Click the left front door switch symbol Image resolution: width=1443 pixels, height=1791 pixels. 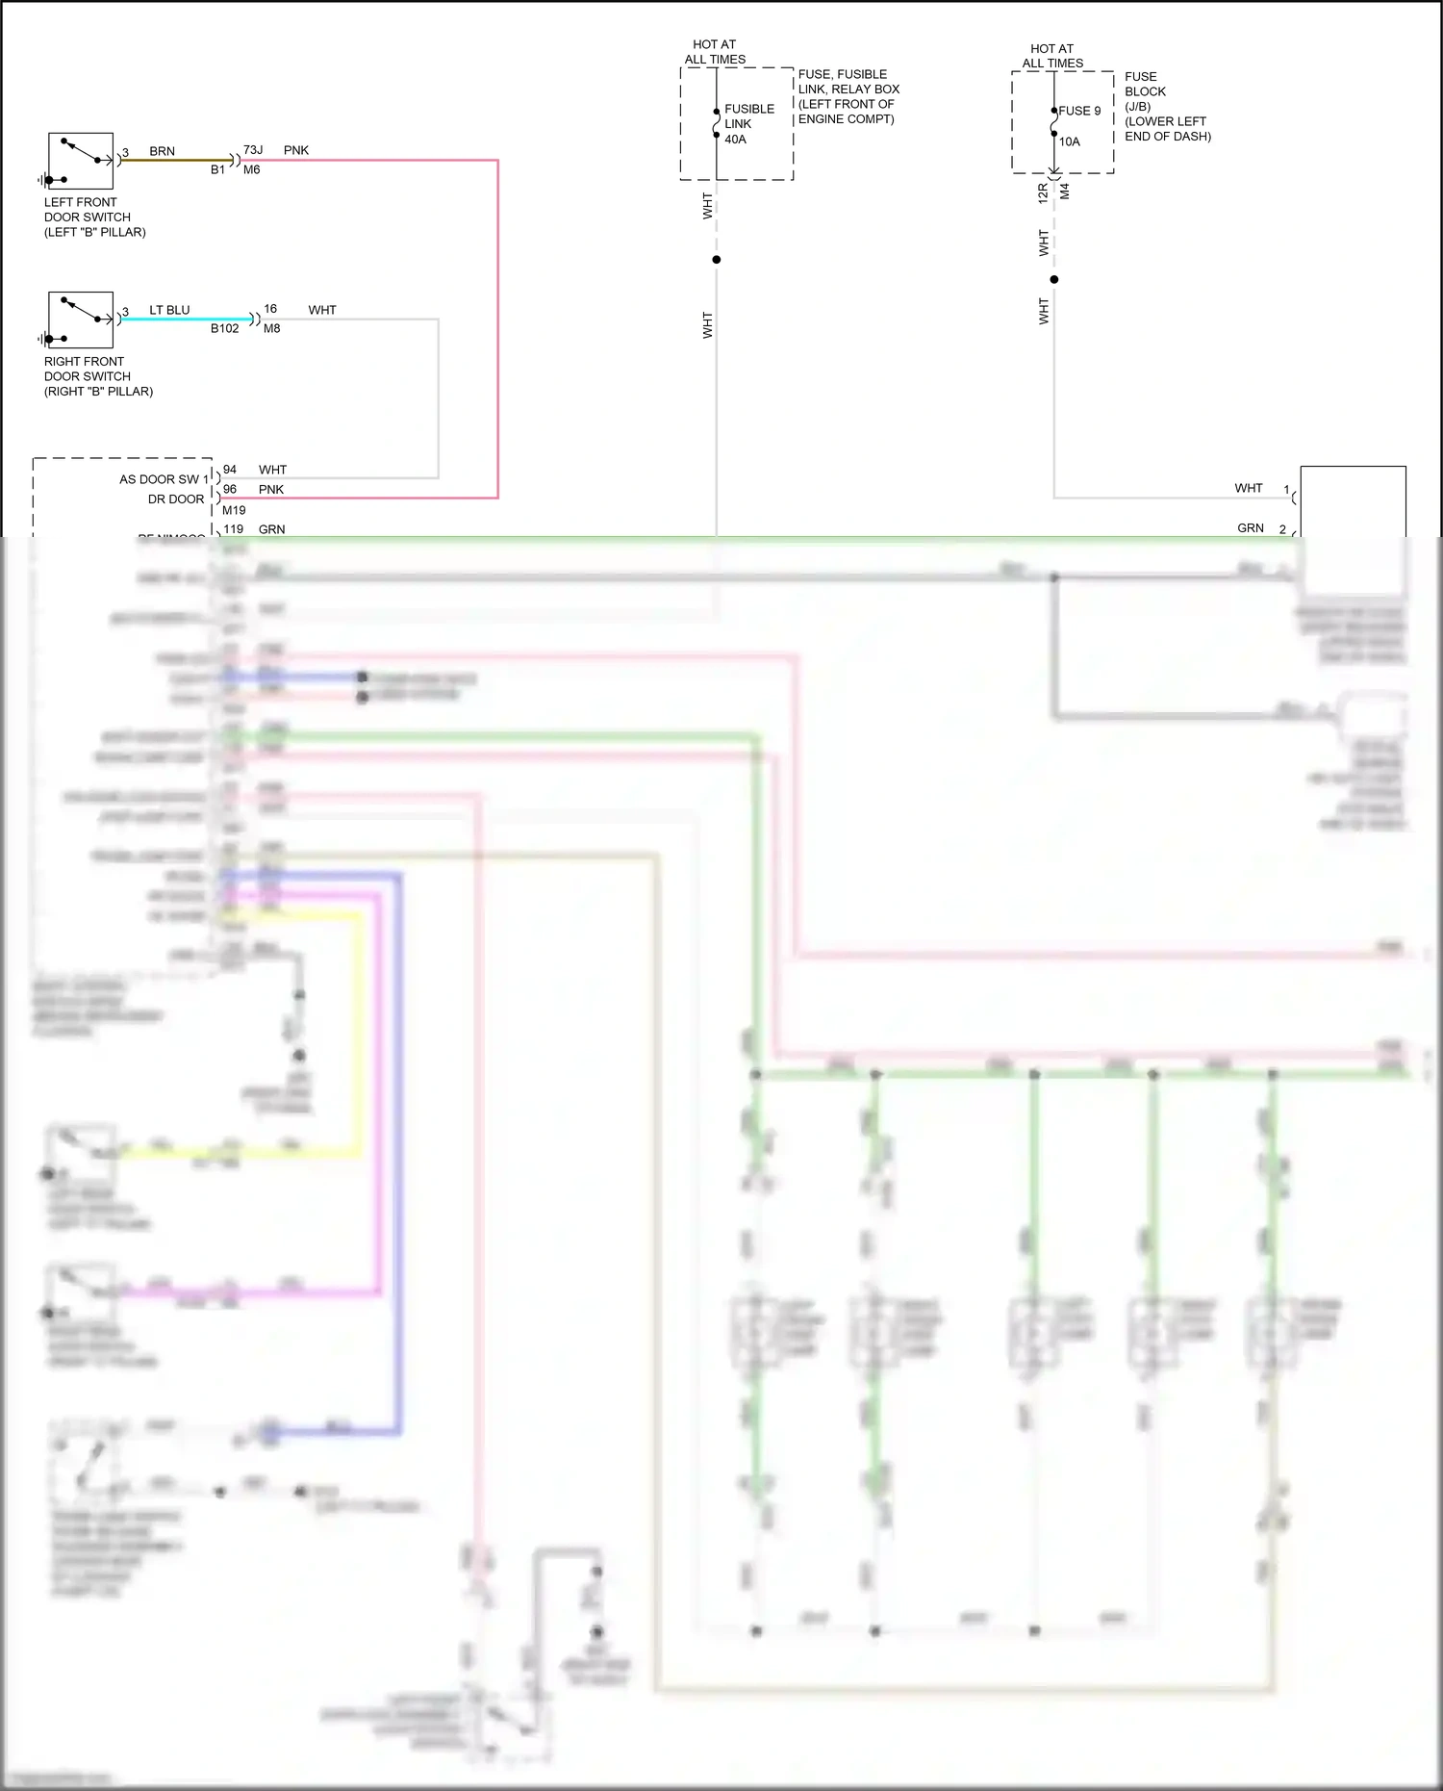(81, 161)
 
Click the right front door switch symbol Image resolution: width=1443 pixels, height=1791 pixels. (81, 320)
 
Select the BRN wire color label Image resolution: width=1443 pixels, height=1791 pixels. (162, 151)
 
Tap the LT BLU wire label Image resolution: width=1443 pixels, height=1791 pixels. (169, 310)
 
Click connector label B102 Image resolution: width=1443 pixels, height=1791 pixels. (224, 328)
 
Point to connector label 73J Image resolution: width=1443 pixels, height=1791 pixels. (253, 150)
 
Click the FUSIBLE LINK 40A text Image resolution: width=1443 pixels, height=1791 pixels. (748, 124)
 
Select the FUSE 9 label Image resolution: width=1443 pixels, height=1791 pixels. (1079, 111)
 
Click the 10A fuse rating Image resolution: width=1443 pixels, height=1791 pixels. (1070, 141)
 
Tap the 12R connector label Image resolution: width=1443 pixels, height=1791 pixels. (1043, 192)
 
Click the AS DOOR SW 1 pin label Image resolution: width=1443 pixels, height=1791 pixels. (164, 479)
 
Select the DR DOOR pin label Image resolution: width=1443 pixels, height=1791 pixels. (176, 499)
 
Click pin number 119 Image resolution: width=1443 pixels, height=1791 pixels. (233, 529)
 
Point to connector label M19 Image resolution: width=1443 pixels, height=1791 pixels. (234, 510)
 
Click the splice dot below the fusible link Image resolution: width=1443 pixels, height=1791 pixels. (717, 260)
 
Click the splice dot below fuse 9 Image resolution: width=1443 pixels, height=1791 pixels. (1054, 279)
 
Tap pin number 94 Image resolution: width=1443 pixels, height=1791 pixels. (230, 470)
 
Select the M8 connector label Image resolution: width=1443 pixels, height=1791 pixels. (272, 328)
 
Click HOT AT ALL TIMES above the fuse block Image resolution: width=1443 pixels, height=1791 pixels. (1052, 56)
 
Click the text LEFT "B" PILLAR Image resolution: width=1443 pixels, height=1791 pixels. (95, 232)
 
